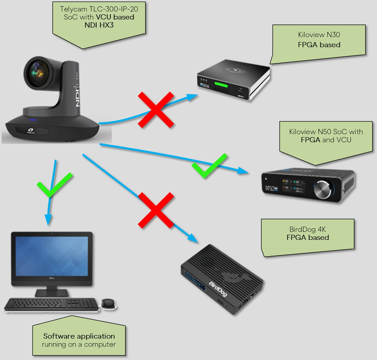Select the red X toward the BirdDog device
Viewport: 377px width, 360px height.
[x=156, y=210]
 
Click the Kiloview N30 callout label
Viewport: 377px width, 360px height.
[x=319, y=40]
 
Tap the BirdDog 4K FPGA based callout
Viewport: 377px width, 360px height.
[x=308, y=233]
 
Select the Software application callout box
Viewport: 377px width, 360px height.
[x=79, y=340]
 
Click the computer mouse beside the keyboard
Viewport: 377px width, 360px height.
[x=108, y=304]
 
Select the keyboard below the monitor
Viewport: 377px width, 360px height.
[x=52, y=304]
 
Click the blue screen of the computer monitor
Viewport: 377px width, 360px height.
[x=52, y=256]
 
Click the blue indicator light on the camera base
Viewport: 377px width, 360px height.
[x=32, y=120]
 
